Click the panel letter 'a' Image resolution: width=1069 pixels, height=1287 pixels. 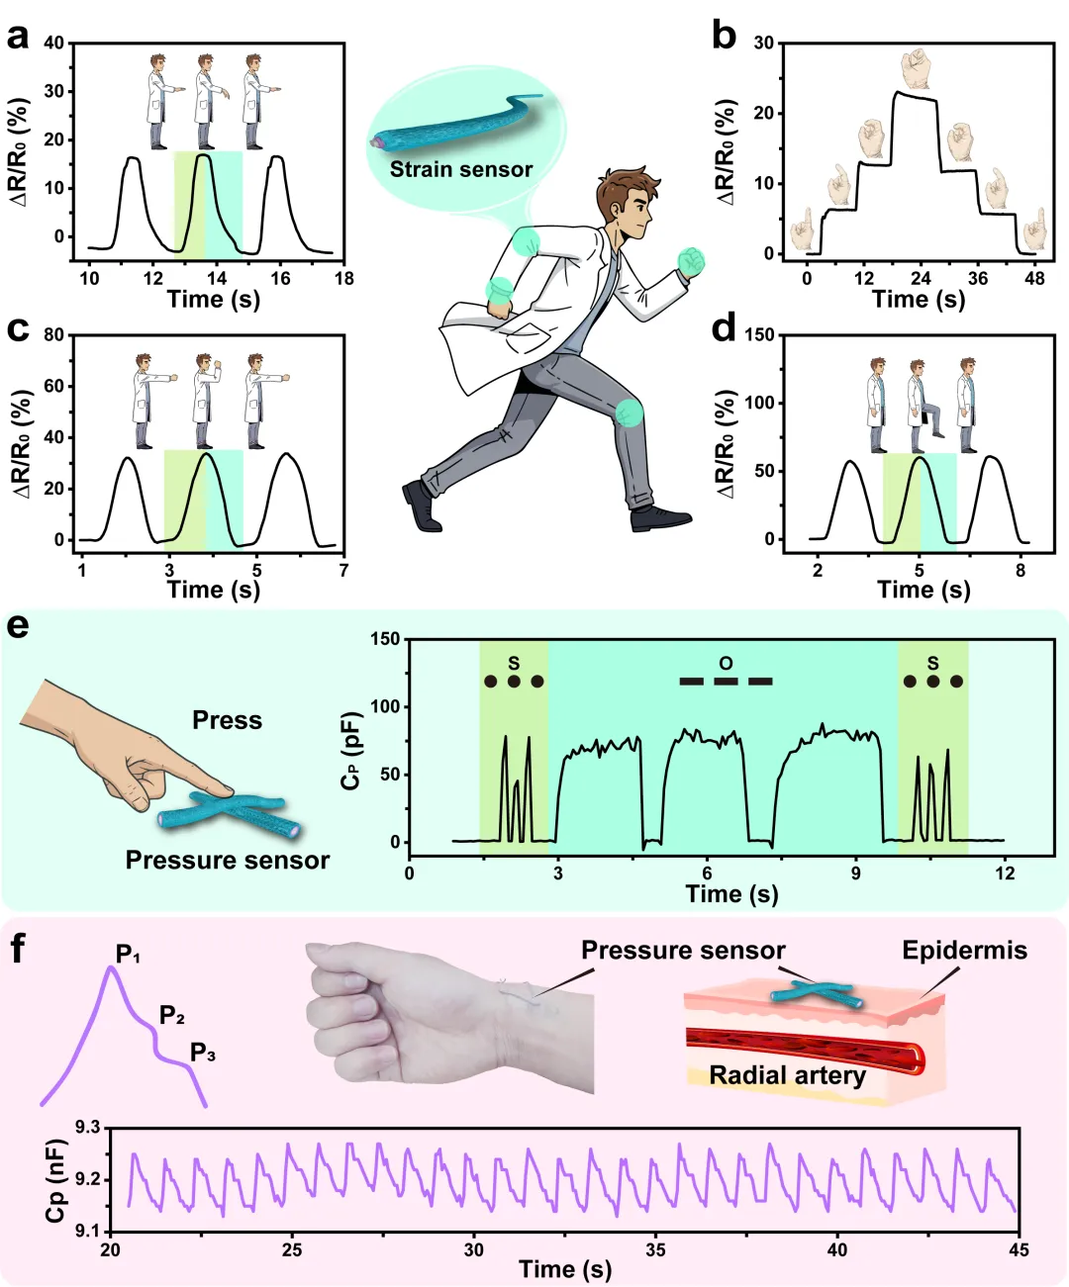pyautogui.click(x=17, y=38)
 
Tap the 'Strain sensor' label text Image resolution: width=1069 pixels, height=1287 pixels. pyautogui.click(x=460, y=169)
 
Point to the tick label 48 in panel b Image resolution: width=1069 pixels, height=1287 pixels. pyautogui.click(x=1034, y=278)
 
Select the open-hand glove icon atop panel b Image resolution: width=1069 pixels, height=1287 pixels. pyautogui.click(x=916, y=68)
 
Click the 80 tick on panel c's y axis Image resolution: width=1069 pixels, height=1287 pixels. pyautogui.click(x=54, y=334)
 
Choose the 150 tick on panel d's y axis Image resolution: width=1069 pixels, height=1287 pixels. pyautogui.click(x=759, y=334)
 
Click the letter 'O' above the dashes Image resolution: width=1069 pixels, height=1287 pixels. pyautogui.click(x=726, y=663)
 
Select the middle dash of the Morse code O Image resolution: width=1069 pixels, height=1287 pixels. pyautogui.click(x=726, y=681)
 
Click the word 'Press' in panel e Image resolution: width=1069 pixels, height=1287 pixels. pyautogui.click(x=227, y=720)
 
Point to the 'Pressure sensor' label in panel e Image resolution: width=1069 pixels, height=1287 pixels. pyautogui.click(x=227, y=860)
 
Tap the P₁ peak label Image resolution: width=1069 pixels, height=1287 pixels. pyautogui.click(x=128, y=955)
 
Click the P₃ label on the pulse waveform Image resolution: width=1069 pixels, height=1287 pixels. pyautogui.click(x=203, y=1053)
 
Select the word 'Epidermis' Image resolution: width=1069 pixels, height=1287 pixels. pyautogui.click(x=964, y=951)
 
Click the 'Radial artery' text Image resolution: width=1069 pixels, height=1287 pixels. pyautogui.click(x=787, y=1075)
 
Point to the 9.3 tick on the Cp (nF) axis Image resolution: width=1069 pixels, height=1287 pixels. pyautogui.click(x=88, y=1128)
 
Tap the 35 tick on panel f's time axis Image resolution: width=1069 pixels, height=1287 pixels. pyautogui.click(x=655, y=1250)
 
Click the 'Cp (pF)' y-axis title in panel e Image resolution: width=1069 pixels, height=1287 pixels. pyautogui.click(x=350, y=751)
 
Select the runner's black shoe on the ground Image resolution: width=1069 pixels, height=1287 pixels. pyautogui.click(x=660, y=517)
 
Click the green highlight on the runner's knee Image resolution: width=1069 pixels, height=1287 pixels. pyautogui.click(x=629, y=412)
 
